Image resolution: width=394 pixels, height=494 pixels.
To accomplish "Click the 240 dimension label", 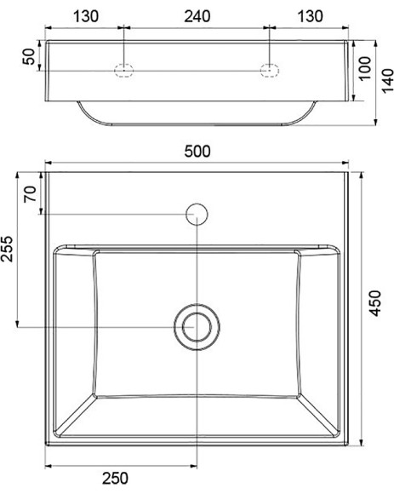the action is click(x=197, y=16).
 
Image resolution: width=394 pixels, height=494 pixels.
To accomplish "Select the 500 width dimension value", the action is click(x=197, y=152).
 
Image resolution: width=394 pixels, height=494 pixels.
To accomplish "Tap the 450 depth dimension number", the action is click(x=375, y=303).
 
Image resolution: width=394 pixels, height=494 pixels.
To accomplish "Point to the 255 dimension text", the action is click(x=7, y=249).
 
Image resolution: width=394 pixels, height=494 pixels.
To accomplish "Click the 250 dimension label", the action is click(x=115, y=479).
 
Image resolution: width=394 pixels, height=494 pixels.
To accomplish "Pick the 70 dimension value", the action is click(x=31, y=194).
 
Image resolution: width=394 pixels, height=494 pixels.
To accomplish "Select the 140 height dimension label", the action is click(x=388, y=81).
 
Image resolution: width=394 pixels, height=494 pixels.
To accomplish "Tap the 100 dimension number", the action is click(x=365, y=69).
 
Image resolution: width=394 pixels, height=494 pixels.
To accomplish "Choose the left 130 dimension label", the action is click(x=86, y=16).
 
